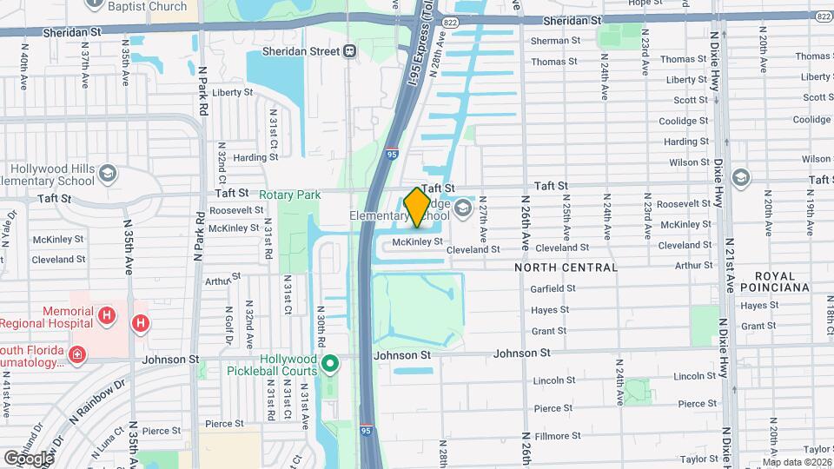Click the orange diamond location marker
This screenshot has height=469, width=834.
point(417,207)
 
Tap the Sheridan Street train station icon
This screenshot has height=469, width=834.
point(350,51)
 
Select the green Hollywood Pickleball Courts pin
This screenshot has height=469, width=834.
point(329,363)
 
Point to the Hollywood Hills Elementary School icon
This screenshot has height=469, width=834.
point(107,171)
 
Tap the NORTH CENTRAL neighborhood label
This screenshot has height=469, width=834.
point(566,268)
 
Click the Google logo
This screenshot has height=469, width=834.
point(28,458)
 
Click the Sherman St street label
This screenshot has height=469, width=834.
point(555,41)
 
